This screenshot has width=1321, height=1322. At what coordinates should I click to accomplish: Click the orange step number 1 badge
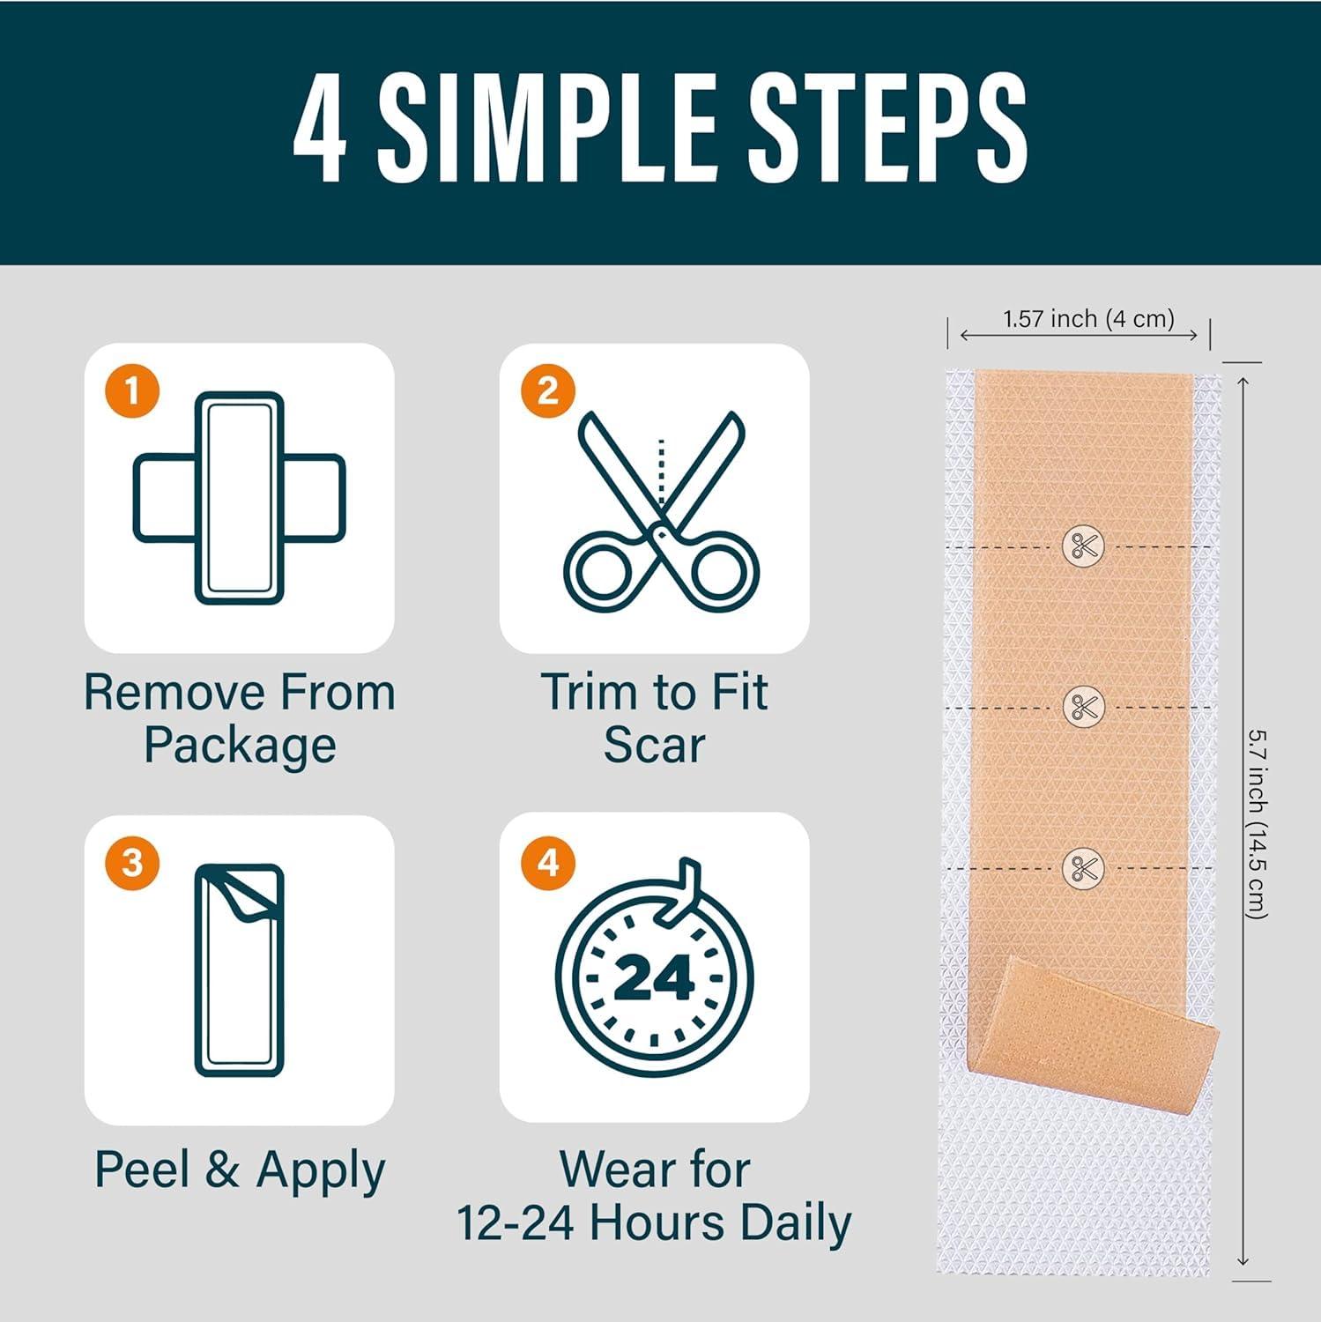[132, 390]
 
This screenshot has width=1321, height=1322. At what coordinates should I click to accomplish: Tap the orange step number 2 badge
[547, 390]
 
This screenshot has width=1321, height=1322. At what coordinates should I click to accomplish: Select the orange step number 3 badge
[132, 862]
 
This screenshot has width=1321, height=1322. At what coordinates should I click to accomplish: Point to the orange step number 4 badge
[547, 862]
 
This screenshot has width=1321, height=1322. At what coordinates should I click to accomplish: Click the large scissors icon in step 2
[661, 516]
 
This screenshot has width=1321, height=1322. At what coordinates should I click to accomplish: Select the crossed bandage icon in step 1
[239, 498]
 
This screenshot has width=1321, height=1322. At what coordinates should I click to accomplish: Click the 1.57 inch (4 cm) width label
[1087, 319]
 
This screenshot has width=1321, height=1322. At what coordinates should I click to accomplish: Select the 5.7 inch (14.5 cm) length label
[1258, 823]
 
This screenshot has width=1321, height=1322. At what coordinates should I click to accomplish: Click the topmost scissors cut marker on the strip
[1083, 546]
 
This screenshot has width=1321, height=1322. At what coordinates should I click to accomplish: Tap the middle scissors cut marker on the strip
[1083, 707]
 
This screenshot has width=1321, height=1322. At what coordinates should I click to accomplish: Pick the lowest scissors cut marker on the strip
[1083, 868]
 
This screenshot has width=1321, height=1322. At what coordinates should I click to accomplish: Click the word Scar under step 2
[654, 746]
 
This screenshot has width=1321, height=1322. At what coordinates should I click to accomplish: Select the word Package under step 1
[240, 746]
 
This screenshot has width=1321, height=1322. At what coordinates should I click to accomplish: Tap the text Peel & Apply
[240, 1170]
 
